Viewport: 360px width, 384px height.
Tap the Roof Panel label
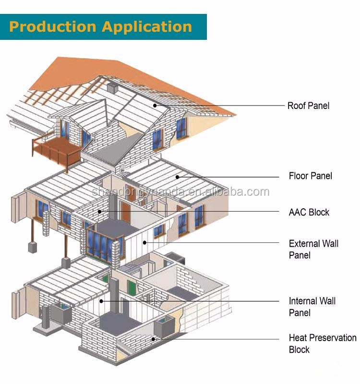point(308,106)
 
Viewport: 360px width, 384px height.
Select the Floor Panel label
point(310,176)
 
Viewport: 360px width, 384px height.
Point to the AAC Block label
point(309,212)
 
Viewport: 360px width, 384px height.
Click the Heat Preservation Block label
point(322,344)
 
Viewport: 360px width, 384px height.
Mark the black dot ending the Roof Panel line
point(155,105)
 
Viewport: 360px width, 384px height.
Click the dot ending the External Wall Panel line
point(144,243)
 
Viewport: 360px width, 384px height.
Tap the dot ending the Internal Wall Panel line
point(101,301)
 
